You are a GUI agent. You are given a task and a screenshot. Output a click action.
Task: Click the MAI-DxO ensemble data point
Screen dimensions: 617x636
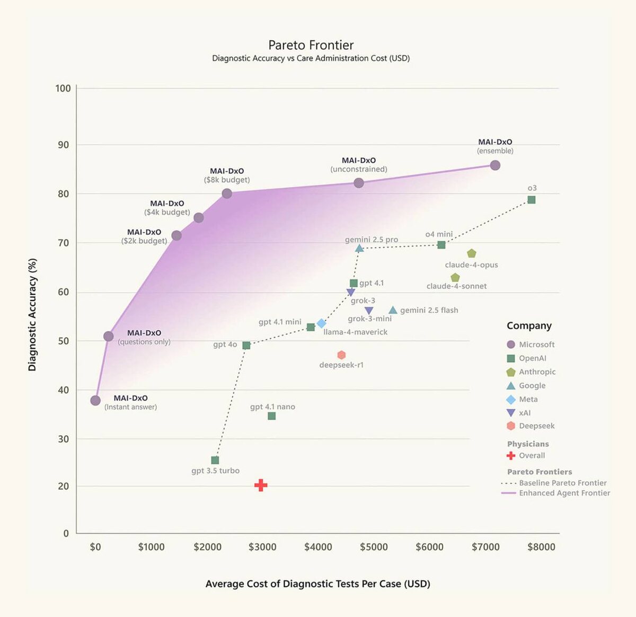[495, 165]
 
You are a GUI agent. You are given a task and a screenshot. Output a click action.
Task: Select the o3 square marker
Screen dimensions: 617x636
[532, 200]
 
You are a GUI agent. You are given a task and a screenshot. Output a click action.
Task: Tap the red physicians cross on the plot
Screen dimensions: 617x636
[261, 485]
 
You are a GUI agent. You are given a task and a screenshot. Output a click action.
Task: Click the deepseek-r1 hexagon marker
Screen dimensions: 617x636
[341, 355]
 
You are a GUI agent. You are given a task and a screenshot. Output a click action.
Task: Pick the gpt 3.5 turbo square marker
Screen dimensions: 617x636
[215, 460]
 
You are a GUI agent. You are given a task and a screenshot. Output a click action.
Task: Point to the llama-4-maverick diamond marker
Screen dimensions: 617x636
[321, 323]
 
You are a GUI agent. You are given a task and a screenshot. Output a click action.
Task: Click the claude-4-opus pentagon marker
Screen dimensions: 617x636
[472, 254]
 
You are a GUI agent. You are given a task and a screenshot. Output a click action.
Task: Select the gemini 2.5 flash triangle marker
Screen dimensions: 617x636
[393, 310]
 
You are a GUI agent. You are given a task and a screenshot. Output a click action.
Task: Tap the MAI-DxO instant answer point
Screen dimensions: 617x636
[95, 401]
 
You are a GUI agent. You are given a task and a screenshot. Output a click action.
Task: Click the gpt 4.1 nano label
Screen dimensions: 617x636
[272, 407]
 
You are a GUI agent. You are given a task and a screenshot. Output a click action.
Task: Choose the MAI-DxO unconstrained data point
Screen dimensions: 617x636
[359, 183]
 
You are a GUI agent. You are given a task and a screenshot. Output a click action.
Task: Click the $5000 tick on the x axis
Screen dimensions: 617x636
[374, 547]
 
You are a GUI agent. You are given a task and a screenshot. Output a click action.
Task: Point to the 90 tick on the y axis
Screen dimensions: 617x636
[64, 145]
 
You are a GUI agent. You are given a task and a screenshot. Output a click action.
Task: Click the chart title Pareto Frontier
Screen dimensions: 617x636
[311, 45]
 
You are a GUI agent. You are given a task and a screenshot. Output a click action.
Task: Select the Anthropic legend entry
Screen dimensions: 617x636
[531, 372]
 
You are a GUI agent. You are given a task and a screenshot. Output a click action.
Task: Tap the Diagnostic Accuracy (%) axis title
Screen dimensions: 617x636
[32, 315]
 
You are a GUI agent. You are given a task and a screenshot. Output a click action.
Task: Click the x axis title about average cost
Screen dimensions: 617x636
[317, 584]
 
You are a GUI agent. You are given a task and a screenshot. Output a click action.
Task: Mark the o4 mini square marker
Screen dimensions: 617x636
[441, 245]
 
